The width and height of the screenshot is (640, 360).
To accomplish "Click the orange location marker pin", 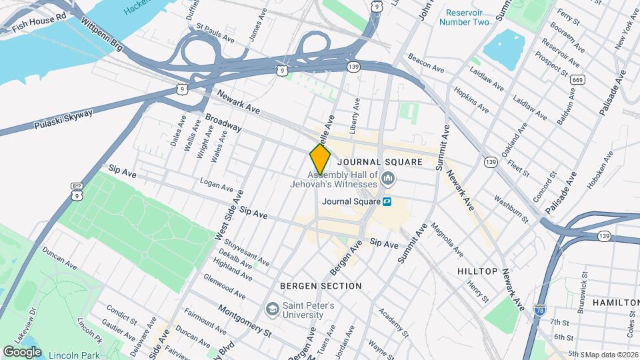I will pyautogui.click(x=320, y=159).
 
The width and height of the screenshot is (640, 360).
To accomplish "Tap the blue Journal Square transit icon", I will pyautogui.click(x=387, y=200).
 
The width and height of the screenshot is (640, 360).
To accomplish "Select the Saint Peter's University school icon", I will pyautogui.click(x=272, y=309).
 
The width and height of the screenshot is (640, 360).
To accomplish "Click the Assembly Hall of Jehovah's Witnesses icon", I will pyautogui.click(x=389, y=179).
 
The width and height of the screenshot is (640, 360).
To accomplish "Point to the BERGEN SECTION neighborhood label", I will pyautogui.click(x=321, y=286).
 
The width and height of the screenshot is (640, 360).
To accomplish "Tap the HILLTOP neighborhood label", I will pyautogui.click(x=477, y=271).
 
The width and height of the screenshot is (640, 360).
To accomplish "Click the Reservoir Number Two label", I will pyautogui.click(x=464, y=17).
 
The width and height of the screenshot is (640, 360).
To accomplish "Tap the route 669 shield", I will pyautogui.click(x=577, y=80).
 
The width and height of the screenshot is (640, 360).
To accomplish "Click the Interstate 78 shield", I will pyautogui.click(x=539, y=310).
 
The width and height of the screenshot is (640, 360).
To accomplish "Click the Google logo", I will pyautogui.click(x=22, y=351).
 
